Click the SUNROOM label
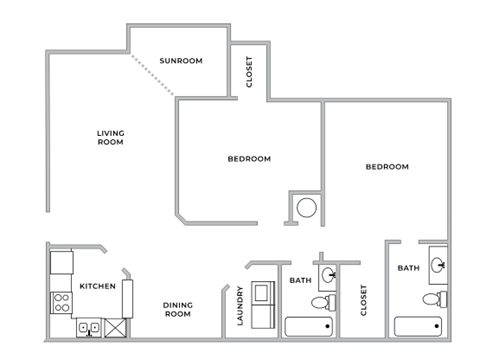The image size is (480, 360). click(x=182, y=61)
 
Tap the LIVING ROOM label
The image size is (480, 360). click(x=110, y=138)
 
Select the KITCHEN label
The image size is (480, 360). click(x=98, y=286)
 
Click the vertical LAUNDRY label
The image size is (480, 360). click(x=241, y=306)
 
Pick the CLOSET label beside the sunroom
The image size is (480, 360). click(x=249, y=73)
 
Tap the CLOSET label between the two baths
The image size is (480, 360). click(x=363, y=300)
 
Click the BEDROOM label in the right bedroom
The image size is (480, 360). click(x=386, y=166)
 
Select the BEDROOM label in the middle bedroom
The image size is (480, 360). click(x=249, y=158)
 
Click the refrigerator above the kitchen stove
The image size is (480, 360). click(x=62, y=263)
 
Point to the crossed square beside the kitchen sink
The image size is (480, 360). click(x=115, y=326)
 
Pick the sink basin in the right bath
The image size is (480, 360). click(x=438, y=265)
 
